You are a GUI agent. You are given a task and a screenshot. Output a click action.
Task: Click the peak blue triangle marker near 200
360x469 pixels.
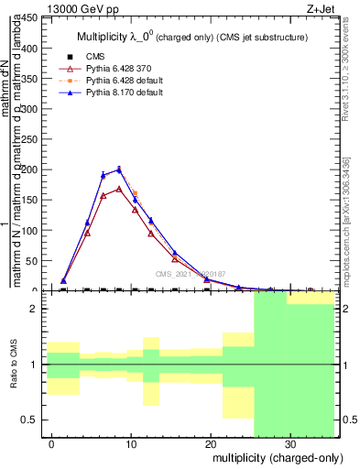[119, 169]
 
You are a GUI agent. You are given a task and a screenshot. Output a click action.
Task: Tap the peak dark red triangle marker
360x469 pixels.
[119, 190]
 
